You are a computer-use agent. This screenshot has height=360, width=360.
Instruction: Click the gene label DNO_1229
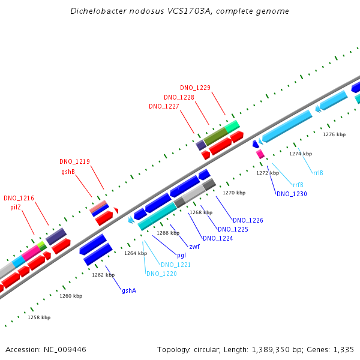[x=195, y=88]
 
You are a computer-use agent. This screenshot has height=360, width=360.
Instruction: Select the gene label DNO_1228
[x=179, y=97]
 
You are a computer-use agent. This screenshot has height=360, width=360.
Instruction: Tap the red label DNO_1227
[x=164, y=106]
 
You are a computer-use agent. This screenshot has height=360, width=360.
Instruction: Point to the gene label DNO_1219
[x=74, y=161]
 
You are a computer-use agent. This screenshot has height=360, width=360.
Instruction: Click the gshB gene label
[x=68, y=172]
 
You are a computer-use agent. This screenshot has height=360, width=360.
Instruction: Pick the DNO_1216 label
[x=19, y=198]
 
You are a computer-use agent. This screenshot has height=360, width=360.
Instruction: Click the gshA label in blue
[x=129, y=290]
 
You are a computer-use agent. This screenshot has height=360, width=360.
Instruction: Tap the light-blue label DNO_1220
[x=161, y=274]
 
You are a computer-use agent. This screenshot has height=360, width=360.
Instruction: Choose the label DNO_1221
[x=176, y=265]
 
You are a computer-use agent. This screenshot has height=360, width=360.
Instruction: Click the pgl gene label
[x=181, y=255]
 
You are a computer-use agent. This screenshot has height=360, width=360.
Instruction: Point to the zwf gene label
[x=194, y=247]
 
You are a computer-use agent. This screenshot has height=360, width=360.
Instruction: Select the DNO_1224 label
[x=218, y=238]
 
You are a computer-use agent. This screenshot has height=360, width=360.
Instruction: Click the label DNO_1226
[x=248, y=220]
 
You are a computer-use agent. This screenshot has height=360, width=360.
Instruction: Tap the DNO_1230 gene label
[x=292, y=194]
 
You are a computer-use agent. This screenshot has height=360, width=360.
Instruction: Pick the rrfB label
[x=298, y=184]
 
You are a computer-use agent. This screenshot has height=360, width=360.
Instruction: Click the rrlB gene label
[x=318, y=173]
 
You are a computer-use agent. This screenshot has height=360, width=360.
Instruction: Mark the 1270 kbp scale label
[x=234, y=193]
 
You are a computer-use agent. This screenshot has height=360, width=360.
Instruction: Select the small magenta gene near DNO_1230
[x=260, y=154]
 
